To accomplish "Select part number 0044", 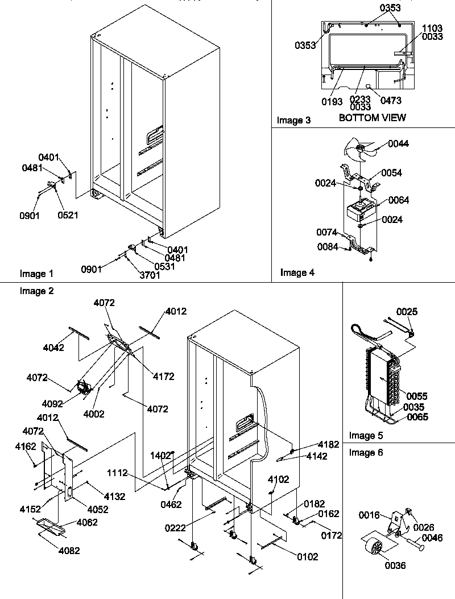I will coord(399,144).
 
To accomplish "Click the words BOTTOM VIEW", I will coord(372,118).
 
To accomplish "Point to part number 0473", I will coord(391,101).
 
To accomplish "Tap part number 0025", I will coord(407,311).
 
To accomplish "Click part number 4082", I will coord(68,551).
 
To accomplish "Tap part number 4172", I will coord(163,377).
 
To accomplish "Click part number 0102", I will coord(307,557).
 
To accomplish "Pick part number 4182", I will coord(328,444).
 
